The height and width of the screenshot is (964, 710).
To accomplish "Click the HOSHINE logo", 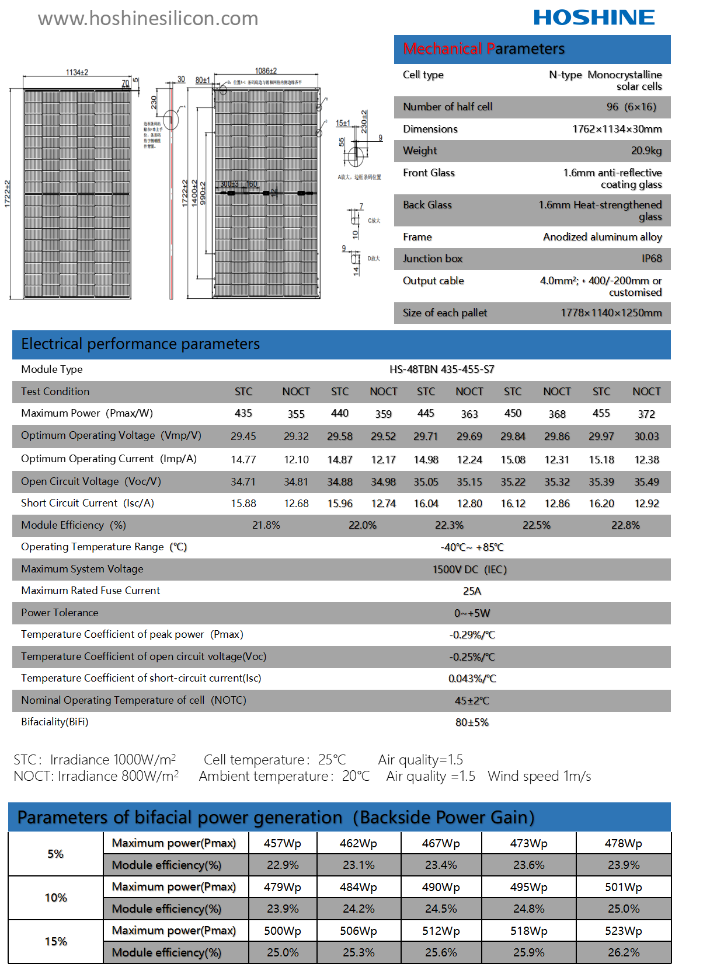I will (594, 18).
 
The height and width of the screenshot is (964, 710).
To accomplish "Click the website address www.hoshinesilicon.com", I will (148, 19).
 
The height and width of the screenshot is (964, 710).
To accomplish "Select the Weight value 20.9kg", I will (646, 151).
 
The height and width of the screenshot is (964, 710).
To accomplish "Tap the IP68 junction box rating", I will (652, 259).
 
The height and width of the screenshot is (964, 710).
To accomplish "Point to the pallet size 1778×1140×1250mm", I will (611, 313).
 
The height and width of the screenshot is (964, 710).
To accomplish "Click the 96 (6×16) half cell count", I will (631, 107).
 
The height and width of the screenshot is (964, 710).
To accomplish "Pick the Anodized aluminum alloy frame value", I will (602, 237).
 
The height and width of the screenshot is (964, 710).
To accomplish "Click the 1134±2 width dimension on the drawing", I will (76, 72).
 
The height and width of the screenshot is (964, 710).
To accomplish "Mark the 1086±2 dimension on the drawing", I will (266, 71).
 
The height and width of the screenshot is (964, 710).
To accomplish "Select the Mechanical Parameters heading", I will (483, 49).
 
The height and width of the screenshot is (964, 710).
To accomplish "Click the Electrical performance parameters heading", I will (140, 344).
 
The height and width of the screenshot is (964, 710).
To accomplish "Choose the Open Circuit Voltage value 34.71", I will (243, 482).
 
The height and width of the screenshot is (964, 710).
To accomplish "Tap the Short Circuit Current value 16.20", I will (601, 504).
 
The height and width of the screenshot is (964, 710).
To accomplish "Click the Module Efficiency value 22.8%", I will (625, 525).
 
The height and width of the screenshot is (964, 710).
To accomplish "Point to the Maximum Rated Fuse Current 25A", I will (472, 591).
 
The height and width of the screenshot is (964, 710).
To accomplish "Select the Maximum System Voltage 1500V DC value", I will (469, 570).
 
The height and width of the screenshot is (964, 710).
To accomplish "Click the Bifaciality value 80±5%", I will (472, 722).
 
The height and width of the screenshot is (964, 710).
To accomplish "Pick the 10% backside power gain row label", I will (55, 897).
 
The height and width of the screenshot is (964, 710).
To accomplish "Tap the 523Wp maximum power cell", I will (623, 931).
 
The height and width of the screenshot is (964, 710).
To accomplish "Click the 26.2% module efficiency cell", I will (623, 952).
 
